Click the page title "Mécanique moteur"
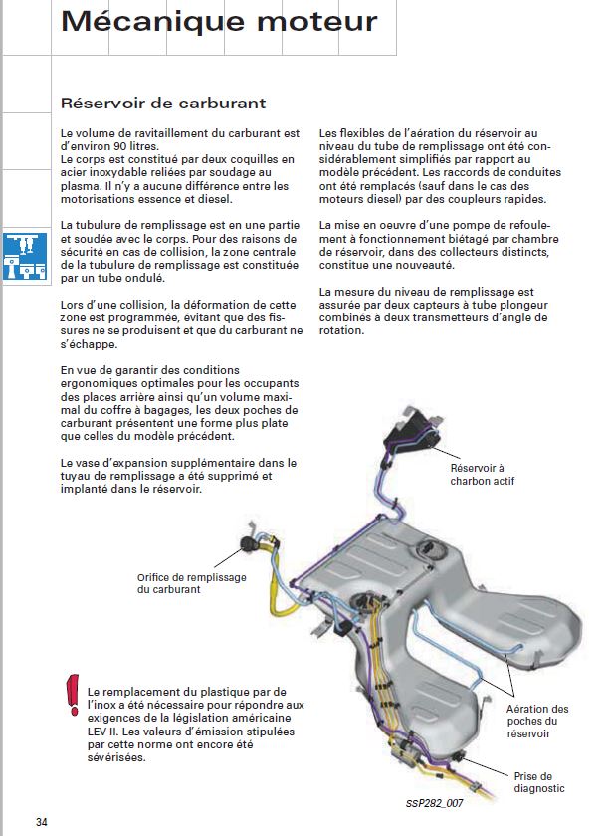coord(219,23)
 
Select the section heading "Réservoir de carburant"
coord(163,103)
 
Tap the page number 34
coord(42,822)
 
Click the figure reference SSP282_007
coord(435,801)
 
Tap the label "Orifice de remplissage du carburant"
coord(183,583)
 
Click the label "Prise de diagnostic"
coord(539,782)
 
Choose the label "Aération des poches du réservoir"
coord(538,721)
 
